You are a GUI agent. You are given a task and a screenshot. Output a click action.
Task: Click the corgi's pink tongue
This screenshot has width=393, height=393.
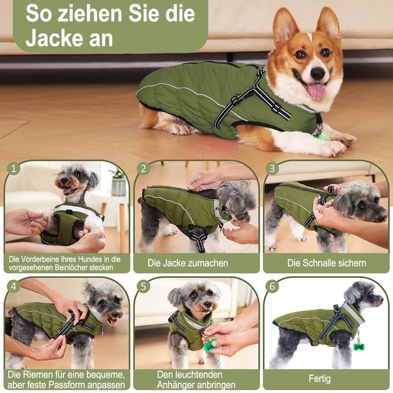(x=316, y=91)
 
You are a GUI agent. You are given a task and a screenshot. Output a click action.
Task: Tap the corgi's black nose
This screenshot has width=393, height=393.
(x=318, y=73)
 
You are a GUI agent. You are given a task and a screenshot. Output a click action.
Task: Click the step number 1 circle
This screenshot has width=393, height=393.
(x=14, y=169)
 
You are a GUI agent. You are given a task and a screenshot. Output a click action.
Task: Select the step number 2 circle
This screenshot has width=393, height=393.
(x=143, y=169)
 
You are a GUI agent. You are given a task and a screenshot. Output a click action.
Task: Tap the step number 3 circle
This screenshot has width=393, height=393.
(x=272, y=169)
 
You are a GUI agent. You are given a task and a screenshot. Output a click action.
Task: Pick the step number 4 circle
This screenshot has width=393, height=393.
(x=14, y=286)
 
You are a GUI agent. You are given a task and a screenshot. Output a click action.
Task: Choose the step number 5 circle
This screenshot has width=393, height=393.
(x=143, y=286)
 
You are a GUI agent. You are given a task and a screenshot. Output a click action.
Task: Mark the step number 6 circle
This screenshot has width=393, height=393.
(x=272, y=286)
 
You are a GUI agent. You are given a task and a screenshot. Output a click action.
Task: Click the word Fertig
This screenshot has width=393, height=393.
(x=320, y=379)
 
